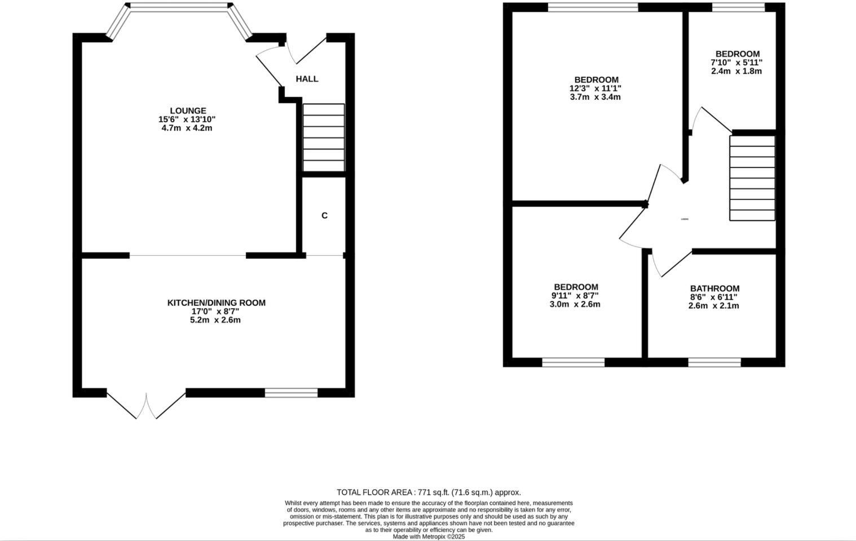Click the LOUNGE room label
pos(188,110)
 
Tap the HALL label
pos(307,79)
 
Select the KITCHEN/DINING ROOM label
pos(216,303)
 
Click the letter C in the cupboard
pos(324,215)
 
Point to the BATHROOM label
pos(714,289)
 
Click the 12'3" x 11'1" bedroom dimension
pos(595,88)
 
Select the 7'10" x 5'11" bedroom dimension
pos(737,63)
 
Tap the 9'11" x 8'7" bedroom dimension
pos(576,295)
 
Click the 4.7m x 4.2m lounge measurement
pos(187,128)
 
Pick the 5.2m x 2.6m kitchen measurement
pos(216,320)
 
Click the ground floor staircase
pos(324,138)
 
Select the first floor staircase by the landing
pos(752,178)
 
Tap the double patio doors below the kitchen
pos(146,405)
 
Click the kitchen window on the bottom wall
pos(291,392)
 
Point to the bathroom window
pos(714,362)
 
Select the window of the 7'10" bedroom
pos(738,7)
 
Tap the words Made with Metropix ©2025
pos(429,536)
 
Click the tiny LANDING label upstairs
pos(685,219)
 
